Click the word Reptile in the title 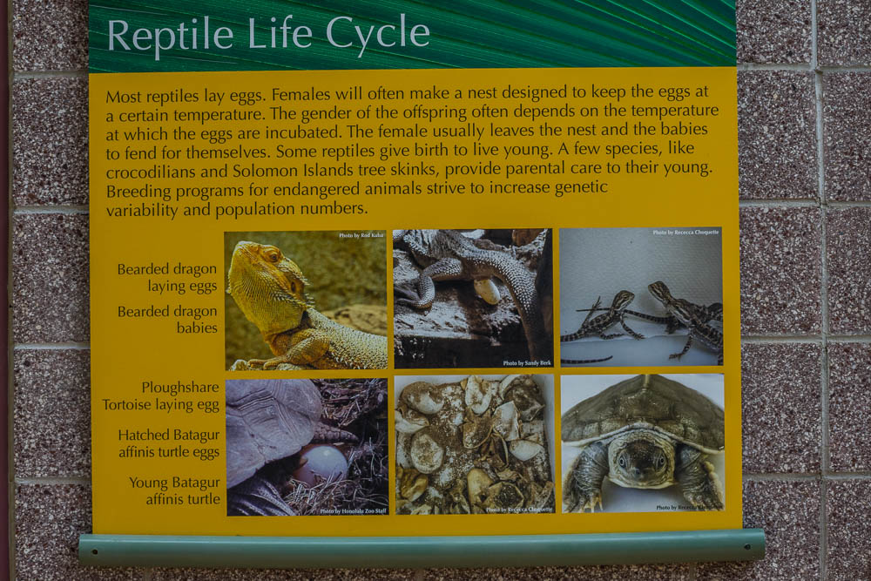tap(171, 35)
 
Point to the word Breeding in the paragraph tap(139, 190)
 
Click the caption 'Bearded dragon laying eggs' tap(167, 277)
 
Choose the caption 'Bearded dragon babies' tap(167, 319)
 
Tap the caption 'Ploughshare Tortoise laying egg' tap(160, 395)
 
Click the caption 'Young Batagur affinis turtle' tap(174, 490)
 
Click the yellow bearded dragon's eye tap(273, 257)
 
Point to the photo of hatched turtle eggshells tap(474, 443)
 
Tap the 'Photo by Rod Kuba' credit tap(361, 235)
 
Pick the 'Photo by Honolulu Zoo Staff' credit tap(352, 510)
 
